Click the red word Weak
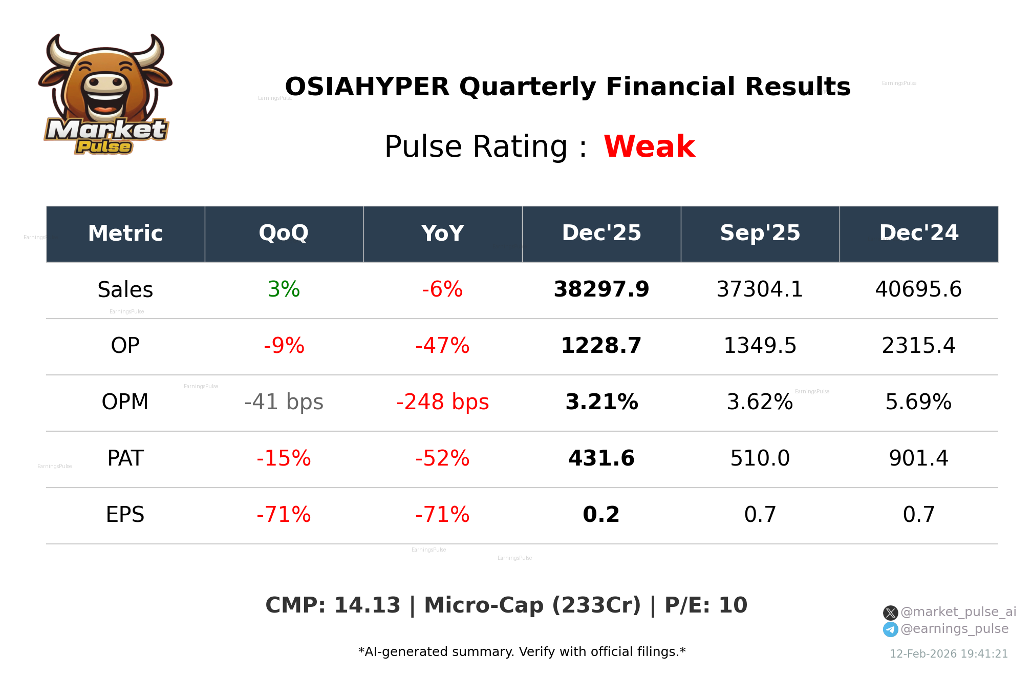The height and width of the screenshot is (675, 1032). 649,146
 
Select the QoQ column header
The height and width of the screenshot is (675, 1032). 284,234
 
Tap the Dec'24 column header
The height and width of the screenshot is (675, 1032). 918,234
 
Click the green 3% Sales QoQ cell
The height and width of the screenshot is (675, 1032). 284,289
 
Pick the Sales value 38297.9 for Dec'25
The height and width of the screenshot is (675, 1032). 601,289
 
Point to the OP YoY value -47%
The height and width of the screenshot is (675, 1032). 442,346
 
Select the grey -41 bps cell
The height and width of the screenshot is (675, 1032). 284,402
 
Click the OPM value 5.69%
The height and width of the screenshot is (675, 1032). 918,402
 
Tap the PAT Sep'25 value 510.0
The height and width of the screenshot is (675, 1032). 760,458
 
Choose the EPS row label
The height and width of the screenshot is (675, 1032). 125,515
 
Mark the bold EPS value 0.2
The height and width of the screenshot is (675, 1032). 601,515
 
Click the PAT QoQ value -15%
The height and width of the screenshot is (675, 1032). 284,458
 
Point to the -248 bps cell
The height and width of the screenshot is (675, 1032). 442,402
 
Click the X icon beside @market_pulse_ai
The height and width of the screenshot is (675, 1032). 890,613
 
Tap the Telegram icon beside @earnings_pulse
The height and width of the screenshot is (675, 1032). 890,629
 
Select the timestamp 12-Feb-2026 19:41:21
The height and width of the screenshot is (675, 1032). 948,654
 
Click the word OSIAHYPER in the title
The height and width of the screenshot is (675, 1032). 367,87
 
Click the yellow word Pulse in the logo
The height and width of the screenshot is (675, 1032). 104,147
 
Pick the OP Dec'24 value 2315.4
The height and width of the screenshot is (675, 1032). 918,346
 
